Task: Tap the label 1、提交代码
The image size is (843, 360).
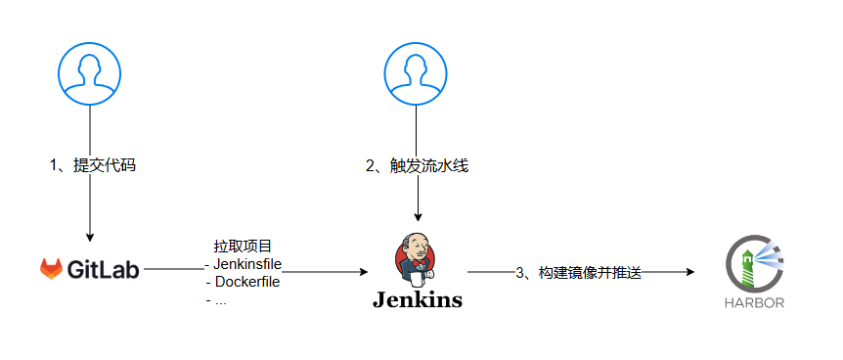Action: pos(92,165)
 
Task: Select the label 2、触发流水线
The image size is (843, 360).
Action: pos(418,165)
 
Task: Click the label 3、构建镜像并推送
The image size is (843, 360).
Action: pos(578,272)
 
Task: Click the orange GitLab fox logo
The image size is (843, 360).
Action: pos(52,269)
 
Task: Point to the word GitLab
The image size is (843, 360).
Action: pos(104,269)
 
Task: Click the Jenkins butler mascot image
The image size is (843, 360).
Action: pos(417,257)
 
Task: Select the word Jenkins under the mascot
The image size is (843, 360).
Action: pos(417,299)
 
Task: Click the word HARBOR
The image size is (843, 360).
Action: pos(754,303)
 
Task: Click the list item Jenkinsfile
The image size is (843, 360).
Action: pos(246,264)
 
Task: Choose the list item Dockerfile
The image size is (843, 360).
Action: pos(246,283)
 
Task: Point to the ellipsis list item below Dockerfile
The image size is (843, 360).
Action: pos(218,300)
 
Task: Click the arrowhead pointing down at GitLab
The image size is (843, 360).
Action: pos(90,237)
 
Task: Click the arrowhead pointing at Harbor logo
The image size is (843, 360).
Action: pos(689,272)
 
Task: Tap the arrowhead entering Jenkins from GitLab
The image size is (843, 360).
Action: pos(364,272)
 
